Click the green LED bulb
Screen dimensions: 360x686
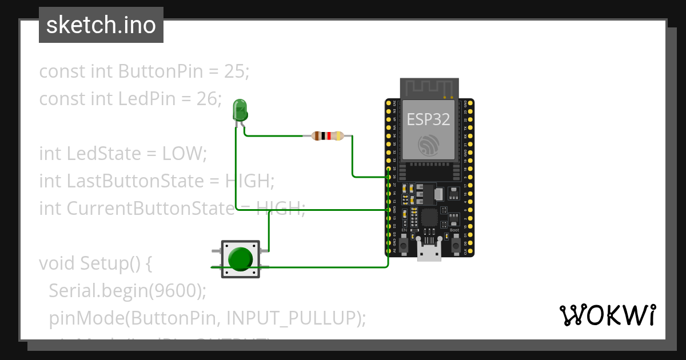[x=240, y=109]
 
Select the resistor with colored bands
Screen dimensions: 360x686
[x=327, y=136]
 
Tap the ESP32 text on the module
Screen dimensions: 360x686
[x=428, y=119]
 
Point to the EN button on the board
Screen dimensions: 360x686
[x=404, y=245]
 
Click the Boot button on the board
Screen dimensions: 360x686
[x=456, y=245]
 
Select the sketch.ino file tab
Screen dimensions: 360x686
[x=101, y=26]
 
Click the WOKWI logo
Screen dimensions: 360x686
[x=607, y=315]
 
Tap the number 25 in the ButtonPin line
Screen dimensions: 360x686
[x=234, y=71]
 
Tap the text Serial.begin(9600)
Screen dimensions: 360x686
[x=127, y=291]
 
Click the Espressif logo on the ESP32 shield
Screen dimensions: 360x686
[x=428, y=145]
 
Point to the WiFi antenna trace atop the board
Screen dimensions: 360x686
[x=429, y=87]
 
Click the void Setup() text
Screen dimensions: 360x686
[x=94, y=263]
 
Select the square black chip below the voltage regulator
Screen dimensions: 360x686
[x=429, y=218]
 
